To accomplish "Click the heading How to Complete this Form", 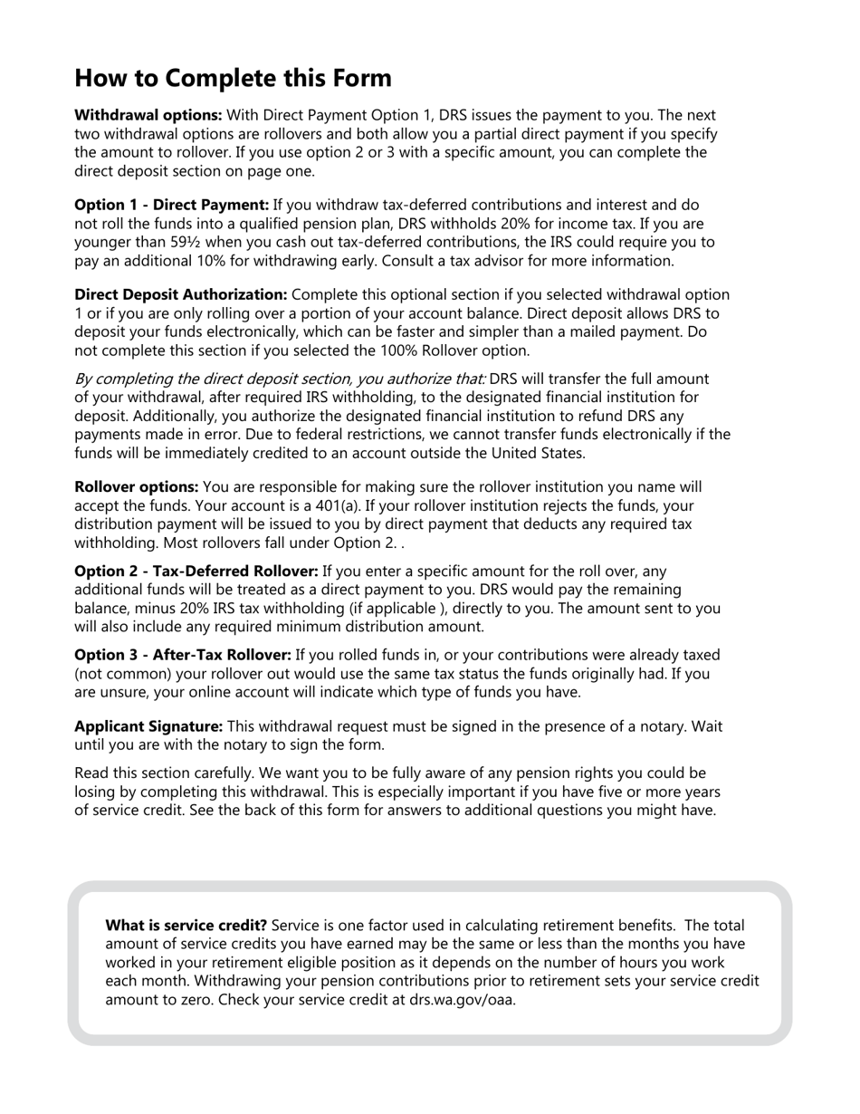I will (233, 78).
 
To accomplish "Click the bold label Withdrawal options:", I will (148, 115).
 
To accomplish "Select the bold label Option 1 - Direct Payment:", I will (171, 206).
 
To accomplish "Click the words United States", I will (540, 453).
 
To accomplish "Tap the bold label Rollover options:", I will (136, 487).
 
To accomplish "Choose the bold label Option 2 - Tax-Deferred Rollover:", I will (196, 571).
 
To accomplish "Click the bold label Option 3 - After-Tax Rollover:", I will (182, 655).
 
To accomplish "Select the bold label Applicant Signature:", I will (148, 726).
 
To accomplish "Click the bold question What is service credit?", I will (186, 926).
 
